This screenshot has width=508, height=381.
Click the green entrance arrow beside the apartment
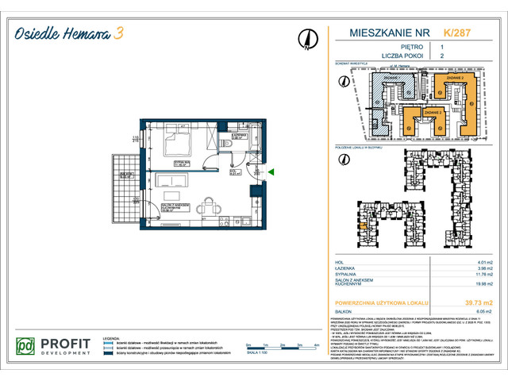coord(271,171)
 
